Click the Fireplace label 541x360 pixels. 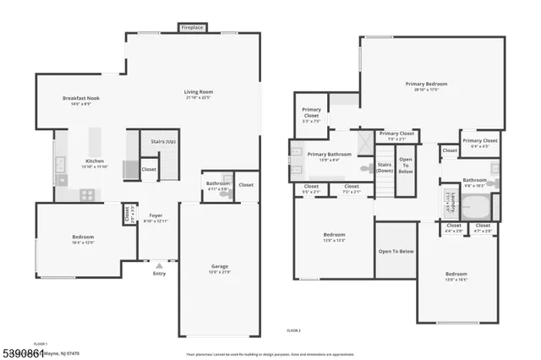point(192,28)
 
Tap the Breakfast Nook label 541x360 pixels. point(81,99)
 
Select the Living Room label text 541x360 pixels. point(199,92)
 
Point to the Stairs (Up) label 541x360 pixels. point(156,142)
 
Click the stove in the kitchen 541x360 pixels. point(86,194)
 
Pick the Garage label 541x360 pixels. point(219,266)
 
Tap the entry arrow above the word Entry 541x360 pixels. point(158,265)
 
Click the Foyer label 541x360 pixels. point(156,215)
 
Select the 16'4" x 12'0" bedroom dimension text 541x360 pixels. point(83,243)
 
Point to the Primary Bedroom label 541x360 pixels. point(425,84)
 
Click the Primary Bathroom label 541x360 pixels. point(329,155)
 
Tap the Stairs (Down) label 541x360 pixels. point(385,167)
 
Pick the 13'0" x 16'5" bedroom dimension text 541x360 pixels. point(456,280)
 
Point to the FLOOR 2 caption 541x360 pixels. point(293,330)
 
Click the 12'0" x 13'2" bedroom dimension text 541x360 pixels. point(334,239)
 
